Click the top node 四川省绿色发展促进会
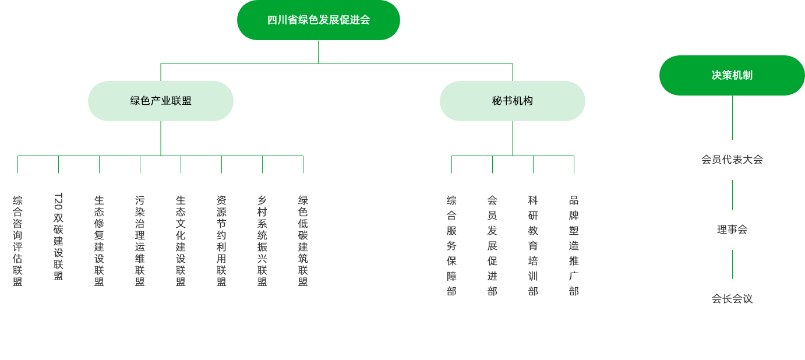[x=318, y=20]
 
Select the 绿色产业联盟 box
[x=161, y=101]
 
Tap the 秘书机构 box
[x=512, y=101]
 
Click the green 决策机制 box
[x=732, y=75]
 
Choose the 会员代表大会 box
[x=732, y=160]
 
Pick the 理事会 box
[x=732, y=230]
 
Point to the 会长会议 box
[x=732, y=299]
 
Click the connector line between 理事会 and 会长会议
[x=732, y=264]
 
